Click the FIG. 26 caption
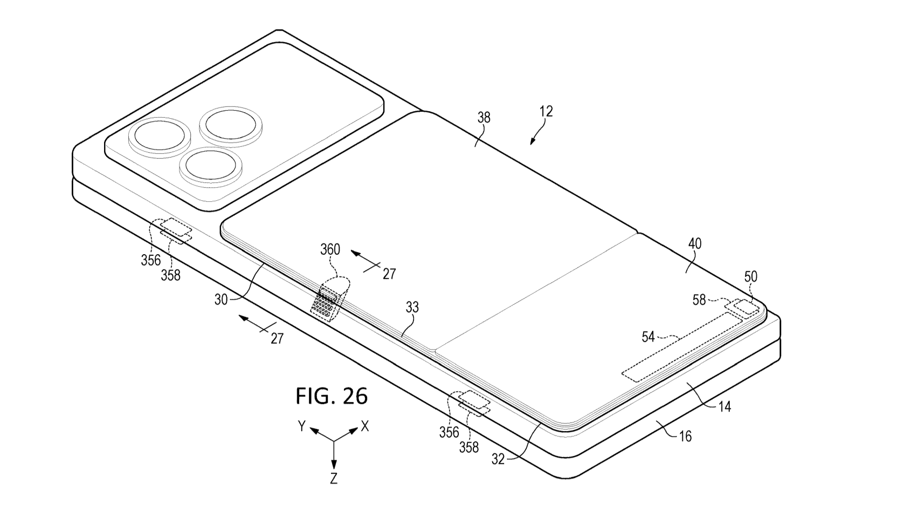click(x=331, y=396)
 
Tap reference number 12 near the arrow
click(x=546, y=112)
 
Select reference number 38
click(x=484, y=118)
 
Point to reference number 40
click(x=695, y=243)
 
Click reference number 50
click(x=750, y=277)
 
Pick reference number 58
click(x=699, y=299)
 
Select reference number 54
click(x=648, y=337)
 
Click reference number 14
click(x=725, y=407)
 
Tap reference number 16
click(x=685, y=435)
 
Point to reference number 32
click(x=498, y=459)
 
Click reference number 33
click(x=412, y=308)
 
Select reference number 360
click(x=330, y=249)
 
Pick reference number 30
click(x=221, y=299)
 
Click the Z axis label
click(x=334, y=478)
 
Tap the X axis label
click(x=365, y=426)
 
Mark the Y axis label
click(x=302, y=426)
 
